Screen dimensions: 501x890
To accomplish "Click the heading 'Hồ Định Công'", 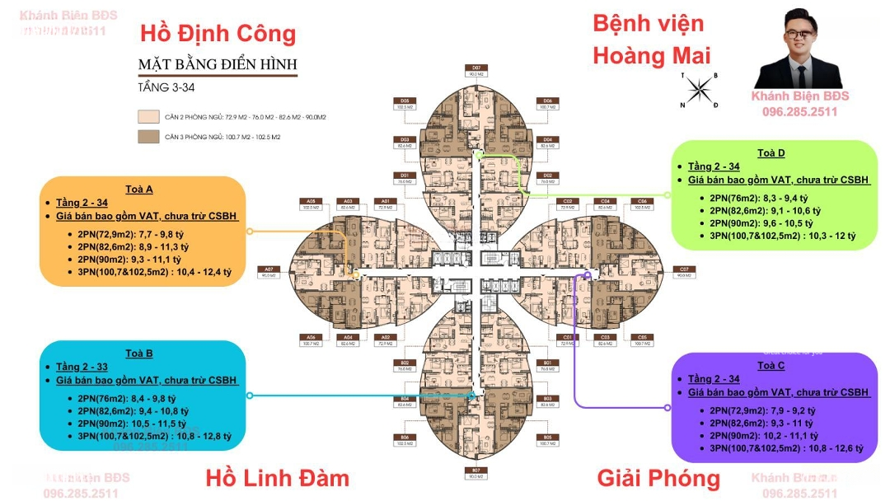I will (x=218, y=34).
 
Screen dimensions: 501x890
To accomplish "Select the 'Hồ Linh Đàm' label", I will (x=277, y=478).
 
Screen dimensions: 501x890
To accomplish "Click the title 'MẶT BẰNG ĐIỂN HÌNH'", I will (x=218, y=64).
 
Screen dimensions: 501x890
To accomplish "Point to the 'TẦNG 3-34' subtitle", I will (x=166, y=87).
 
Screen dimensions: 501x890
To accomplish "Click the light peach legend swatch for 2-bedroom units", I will (x=148, y=117).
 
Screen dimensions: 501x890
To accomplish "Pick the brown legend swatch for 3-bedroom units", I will (x=148, y=136).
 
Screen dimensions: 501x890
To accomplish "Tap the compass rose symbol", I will (x=699, y=89).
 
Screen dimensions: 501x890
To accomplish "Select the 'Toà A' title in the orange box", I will (x=139, y=189).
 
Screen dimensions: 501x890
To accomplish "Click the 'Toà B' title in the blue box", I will (x=139, y=354).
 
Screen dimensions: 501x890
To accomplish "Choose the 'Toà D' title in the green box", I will (x=771, y=152).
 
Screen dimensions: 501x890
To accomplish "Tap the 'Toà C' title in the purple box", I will (x=771, y=365).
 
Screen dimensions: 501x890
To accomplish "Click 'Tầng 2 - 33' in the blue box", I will (x=85, y=367).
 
